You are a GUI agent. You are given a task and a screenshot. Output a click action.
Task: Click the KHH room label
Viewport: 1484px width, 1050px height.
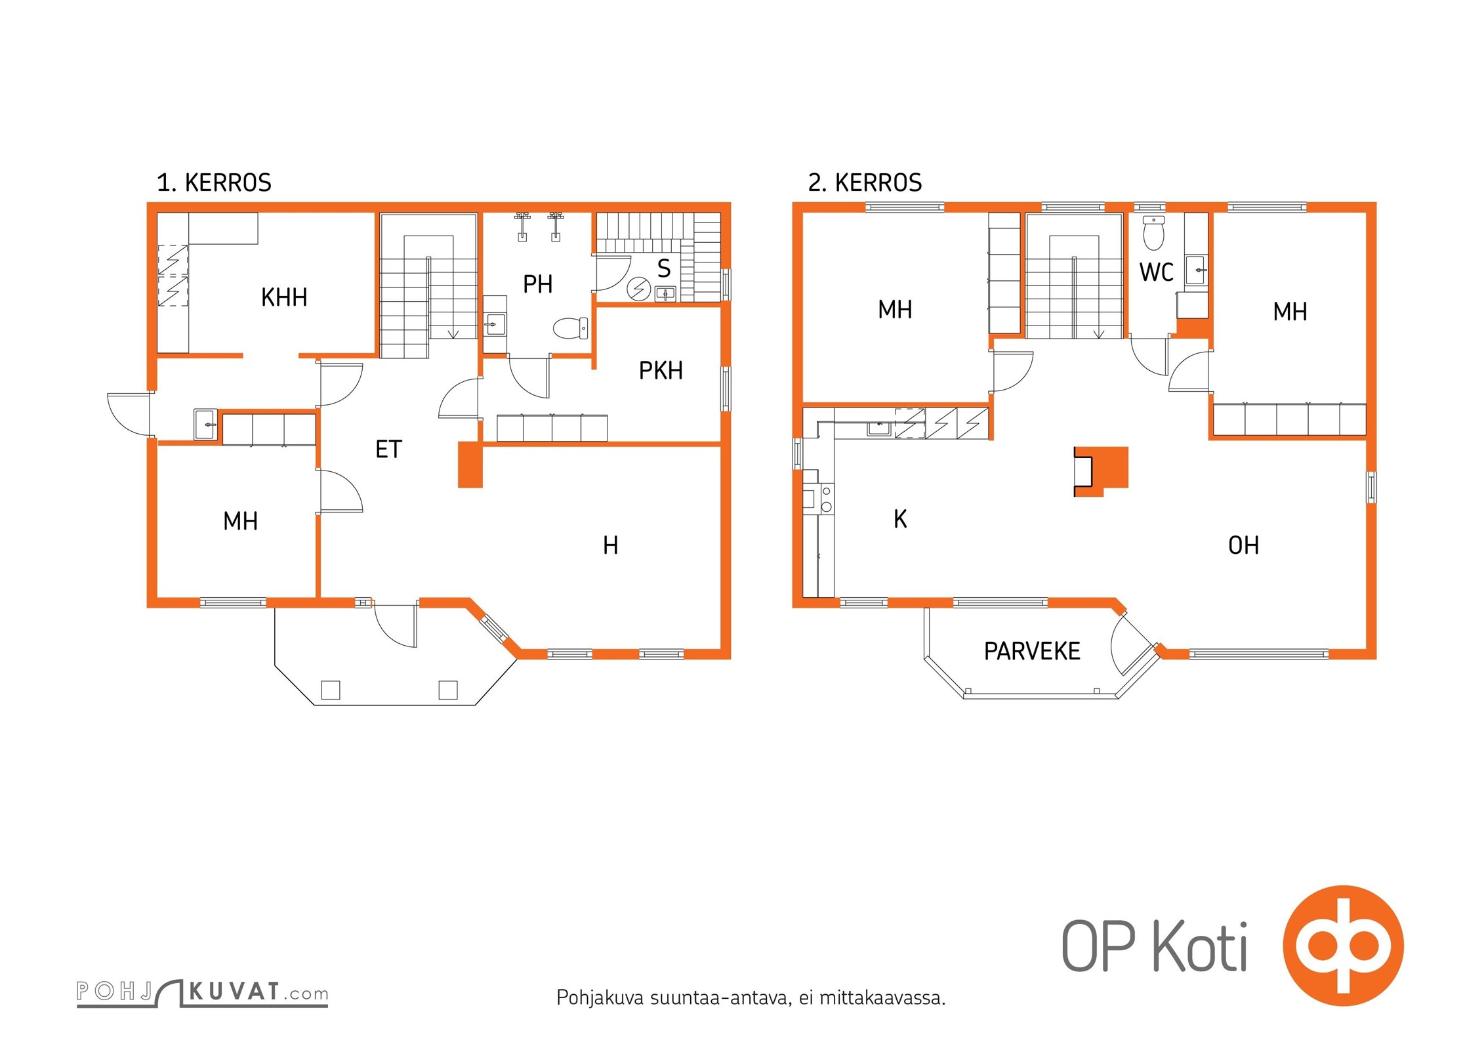[284, 297]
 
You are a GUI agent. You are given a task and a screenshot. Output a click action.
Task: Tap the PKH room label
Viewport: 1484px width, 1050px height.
[661, 371]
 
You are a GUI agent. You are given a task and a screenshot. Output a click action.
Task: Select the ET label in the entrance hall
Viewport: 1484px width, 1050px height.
[388, 450]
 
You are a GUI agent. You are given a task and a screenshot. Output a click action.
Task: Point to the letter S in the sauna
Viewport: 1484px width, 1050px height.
[664, 268]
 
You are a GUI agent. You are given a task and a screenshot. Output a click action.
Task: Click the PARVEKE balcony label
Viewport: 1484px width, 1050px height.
[1032, 651]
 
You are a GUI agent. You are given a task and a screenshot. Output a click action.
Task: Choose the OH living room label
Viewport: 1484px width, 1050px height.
[1243, 545]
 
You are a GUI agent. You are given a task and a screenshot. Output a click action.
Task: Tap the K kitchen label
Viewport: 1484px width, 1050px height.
[900, 519]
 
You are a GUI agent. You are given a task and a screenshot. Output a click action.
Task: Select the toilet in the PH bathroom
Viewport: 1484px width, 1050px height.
[571, 328]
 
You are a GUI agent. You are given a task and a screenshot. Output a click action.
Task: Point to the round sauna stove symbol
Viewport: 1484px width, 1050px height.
[638, 289]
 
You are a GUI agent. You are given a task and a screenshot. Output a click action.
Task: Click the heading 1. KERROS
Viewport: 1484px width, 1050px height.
[214, 182]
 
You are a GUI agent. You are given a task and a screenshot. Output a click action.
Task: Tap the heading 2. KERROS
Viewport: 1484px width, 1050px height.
[865, 182]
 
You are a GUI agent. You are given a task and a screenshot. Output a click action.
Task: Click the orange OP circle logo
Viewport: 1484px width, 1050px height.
[1343, 945]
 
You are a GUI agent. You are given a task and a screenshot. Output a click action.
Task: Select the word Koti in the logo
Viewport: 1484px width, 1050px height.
[1200, 946]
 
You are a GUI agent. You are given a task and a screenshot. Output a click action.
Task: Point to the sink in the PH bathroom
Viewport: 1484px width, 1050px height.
[495, 324]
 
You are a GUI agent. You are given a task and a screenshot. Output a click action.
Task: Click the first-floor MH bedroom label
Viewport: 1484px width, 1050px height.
[240, 522]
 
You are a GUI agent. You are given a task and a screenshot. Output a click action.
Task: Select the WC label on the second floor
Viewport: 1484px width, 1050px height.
[1156, 272]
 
